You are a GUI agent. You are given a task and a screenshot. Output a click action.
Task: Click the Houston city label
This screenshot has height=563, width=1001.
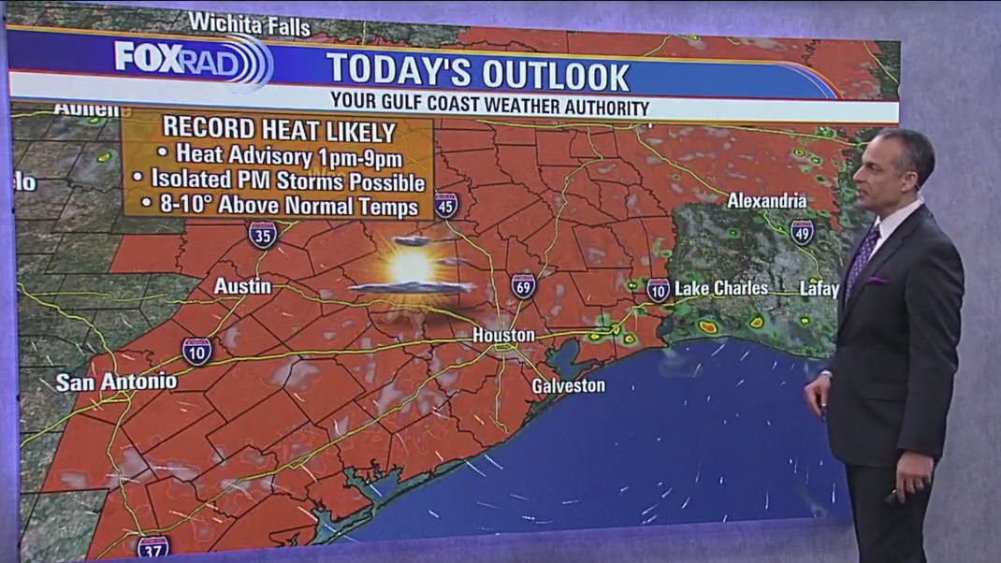[503, 335]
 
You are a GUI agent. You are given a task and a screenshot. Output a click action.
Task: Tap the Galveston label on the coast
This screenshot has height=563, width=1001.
[568, 385]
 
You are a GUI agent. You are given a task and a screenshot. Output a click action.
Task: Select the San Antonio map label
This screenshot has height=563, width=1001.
[116, 382]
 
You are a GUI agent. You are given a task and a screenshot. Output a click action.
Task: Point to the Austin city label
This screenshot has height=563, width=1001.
[242, 286]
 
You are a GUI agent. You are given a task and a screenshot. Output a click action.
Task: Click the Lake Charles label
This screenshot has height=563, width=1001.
[721, 288]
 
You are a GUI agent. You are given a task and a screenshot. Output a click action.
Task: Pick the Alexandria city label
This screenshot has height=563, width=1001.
[767, 200]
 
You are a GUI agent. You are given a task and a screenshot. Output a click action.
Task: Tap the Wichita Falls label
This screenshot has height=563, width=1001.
[249, 24]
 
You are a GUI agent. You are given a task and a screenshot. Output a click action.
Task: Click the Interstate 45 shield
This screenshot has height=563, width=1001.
[446, 205]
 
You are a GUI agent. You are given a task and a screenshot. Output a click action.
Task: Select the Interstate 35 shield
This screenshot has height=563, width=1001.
[263, 234]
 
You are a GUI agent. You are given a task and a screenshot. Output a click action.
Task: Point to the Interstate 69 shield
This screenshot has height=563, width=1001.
[524, 286]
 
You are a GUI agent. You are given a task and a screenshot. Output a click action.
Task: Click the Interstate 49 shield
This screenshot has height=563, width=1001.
[802, 232]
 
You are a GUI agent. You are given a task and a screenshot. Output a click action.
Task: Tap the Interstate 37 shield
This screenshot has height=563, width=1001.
[152, 547]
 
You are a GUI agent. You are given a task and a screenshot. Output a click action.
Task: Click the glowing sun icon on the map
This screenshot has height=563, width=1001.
[412, 267]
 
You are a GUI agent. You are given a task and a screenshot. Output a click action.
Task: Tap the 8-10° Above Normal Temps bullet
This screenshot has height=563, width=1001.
[278, 205]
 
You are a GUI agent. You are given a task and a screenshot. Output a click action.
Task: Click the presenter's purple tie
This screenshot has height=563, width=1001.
[862, 257]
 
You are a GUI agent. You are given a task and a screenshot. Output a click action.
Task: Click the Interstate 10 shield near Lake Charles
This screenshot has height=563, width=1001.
[658, 289]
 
